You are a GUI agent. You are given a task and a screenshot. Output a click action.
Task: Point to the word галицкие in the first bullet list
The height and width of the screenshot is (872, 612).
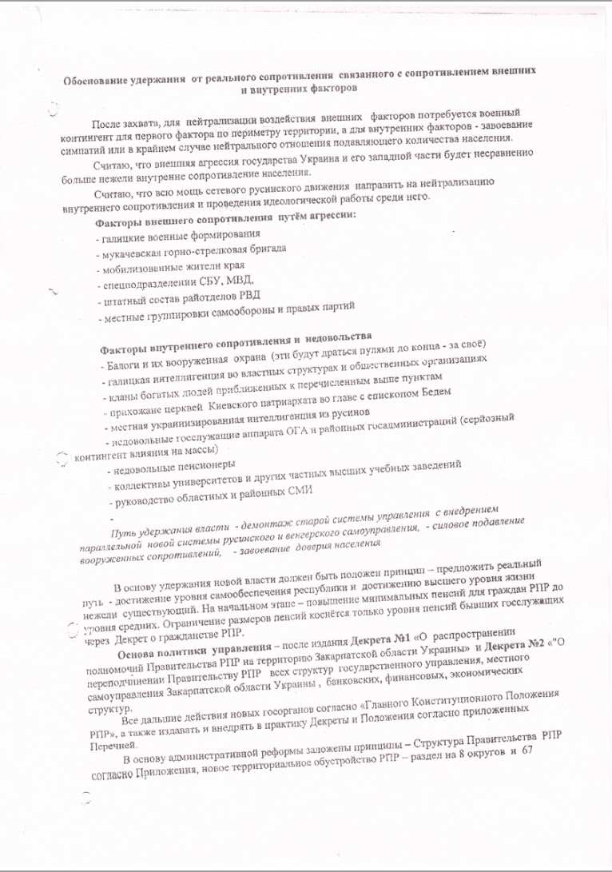[120, 237]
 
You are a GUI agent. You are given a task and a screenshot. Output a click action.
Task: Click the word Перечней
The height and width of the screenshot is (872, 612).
[107, 744]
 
